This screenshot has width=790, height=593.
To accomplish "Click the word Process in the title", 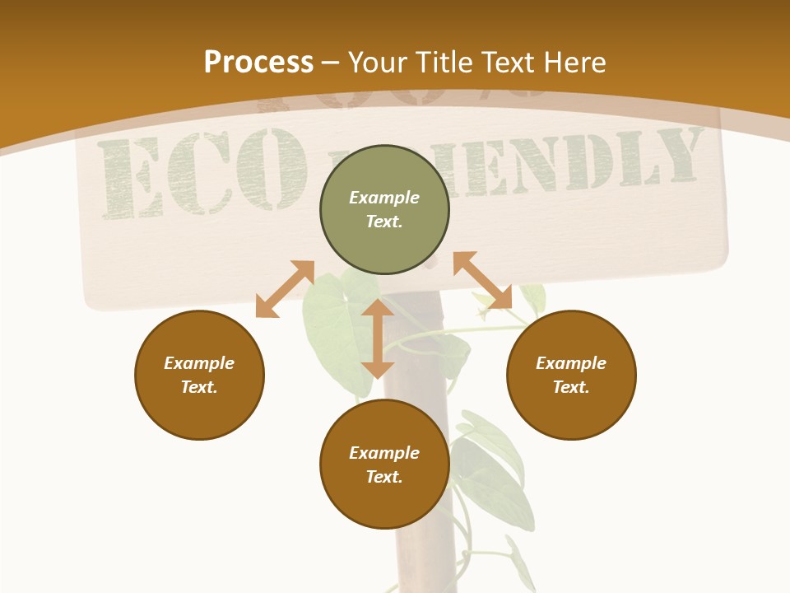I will [x=258, y=63].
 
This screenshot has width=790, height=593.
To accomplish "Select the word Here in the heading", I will [x=574, y=63].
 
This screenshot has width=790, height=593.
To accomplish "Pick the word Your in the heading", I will [x=379, y=63].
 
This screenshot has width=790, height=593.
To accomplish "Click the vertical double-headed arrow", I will [x=377, y=339].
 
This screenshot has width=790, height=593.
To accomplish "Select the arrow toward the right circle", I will [x=482, y=281].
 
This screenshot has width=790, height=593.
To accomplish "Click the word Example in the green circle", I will [x=384, y=198].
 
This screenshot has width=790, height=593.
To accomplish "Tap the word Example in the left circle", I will [x=199, y=363].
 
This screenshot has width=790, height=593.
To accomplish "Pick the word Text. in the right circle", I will [x=571, y=387].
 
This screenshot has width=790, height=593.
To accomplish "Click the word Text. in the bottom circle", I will [x=384, y=477].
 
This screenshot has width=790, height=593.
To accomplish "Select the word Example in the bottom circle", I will [x=384, y=453].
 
